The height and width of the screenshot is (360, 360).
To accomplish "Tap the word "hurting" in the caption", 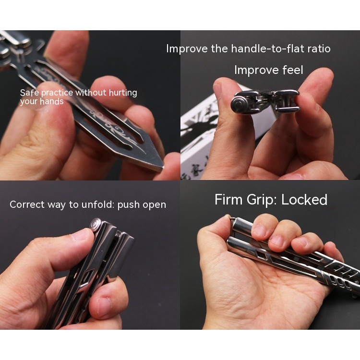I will click(121, 93).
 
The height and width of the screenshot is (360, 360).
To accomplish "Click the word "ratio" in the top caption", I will click(318, 48).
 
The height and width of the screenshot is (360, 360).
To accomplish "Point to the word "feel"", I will click(292, 70).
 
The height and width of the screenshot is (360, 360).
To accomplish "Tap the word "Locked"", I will click(304, 200).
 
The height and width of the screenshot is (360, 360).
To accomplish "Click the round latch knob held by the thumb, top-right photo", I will click(239, 103).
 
